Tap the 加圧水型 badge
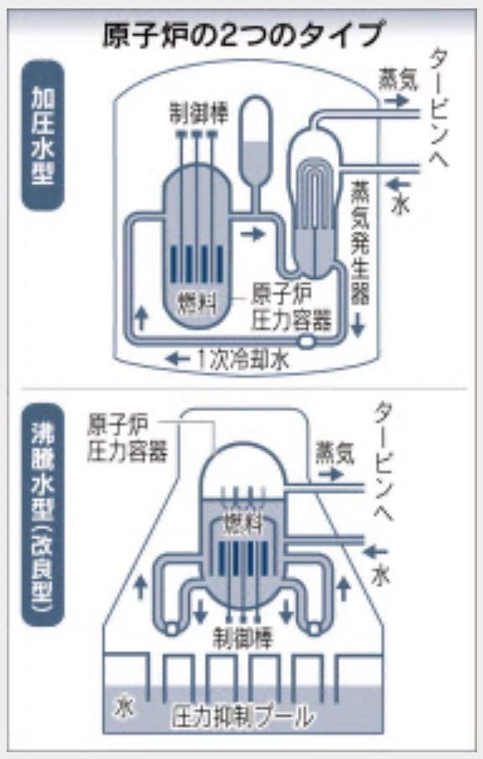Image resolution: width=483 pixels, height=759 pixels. (x=43, y=135)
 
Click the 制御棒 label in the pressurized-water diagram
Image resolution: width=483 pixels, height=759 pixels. (x=199, y=113)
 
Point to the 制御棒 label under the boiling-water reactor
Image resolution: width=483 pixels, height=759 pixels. (x=243, y=638)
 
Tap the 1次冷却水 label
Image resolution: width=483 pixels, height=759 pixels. (x=244, y=359)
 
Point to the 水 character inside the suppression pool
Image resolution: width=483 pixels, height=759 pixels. (x=124, y=709)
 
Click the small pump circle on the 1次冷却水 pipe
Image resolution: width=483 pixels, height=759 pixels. (x=307, y=342)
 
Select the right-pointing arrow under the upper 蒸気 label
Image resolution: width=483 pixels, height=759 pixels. (x=397, y=101)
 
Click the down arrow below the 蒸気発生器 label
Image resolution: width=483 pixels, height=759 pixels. (x=357, y=324)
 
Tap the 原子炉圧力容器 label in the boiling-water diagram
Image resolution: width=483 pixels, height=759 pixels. (x=127, y=438)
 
